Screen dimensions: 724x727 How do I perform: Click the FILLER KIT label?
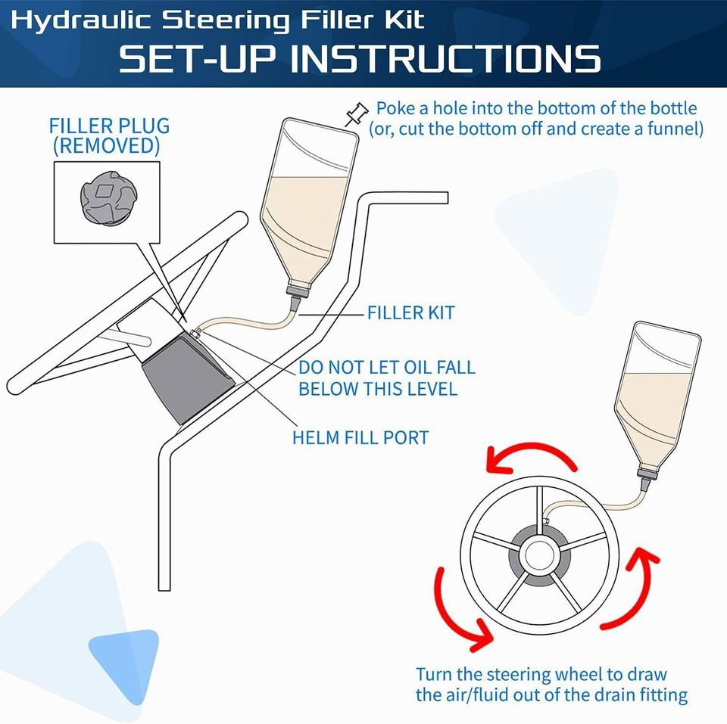[410, 312]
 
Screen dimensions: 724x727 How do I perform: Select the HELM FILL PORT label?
[360, 437]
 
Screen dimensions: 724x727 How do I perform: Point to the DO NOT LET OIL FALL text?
[386, 368]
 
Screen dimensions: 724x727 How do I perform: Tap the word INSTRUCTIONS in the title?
[446, 59]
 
